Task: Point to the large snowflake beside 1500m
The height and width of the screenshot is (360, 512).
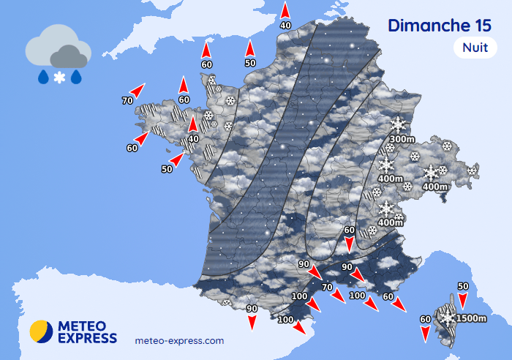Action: pos(447,317)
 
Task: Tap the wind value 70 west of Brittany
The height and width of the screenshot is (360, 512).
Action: pos(128,100)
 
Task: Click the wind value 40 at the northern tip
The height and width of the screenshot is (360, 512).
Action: pos(285,26)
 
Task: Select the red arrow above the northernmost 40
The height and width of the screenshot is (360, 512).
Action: pos(285,10)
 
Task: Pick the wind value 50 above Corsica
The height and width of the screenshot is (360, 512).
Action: pos(462,286)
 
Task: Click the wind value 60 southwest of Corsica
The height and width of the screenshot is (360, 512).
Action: pos(426,319)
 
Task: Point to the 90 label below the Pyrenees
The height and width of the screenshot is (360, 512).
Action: pos(252,309)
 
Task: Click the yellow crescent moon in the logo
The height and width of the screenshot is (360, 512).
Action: pos(40,331)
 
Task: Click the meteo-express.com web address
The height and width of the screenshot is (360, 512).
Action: pos(180,340)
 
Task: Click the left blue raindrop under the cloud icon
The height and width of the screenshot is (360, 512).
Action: pos(43,77)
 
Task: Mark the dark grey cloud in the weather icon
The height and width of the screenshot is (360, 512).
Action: pos(68,56)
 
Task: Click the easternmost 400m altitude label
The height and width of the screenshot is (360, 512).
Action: pos(435,187)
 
